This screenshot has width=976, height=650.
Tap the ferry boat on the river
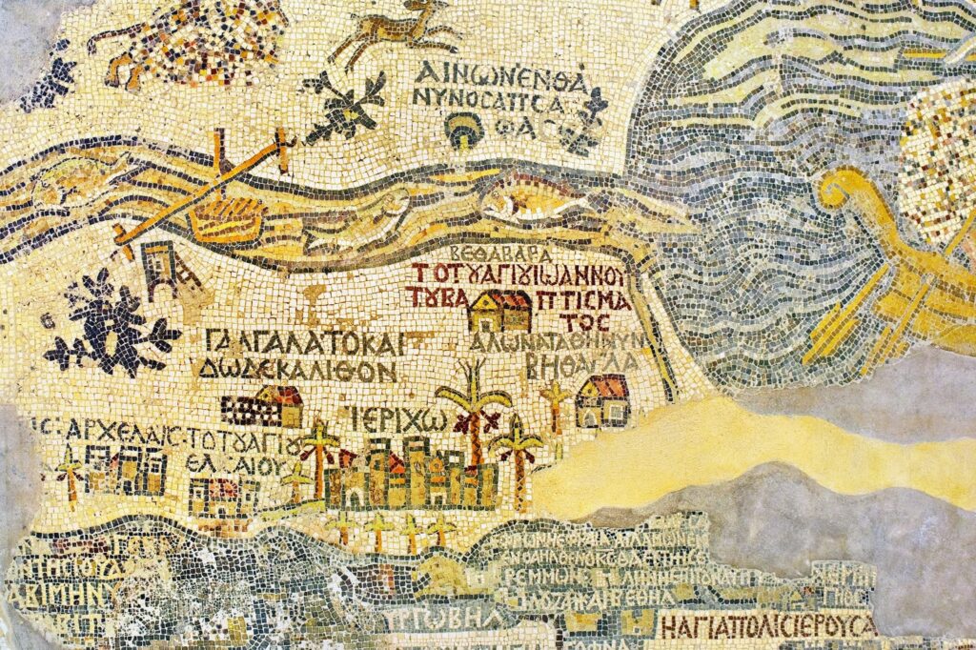click(225, 215)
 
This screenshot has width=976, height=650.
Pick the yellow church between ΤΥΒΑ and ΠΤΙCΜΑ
click(499, 311)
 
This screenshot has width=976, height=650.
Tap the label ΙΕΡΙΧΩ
click(382, 419)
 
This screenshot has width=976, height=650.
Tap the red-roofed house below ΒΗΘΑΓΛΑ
click(603, 401)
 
